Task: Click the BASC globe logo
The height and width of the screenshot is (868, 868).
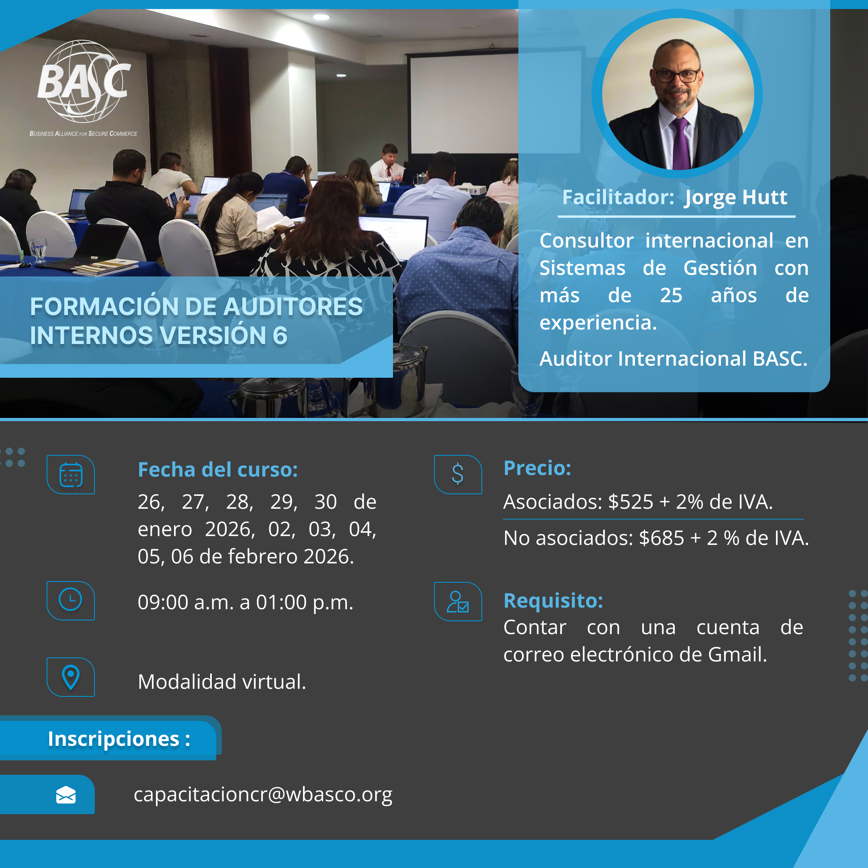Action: coord(84,82)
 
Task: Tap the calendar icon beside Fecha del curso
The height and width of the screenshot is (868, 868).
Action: coord(71,475)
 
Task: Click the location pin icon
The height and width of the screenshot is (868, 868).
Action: coord(71,678)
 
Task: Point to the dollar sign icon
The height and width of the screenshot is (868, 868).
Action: coord(457,474)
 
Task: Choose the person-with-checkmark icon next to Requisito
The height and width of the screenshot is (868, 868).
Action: coord(457,602)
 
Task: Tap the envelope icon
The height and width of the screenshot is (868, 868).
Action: coord(66,795)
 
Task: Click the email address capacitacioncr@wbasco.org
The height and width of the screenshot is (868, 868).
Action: coord(263,795)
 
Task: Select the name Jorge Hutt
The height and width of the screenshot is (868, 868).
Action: coord(735,198)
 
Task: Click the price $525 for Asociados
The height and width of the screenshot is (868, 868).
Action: coord(631,502)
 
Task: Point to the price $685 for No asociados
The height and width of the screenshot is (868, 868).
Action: coord(661,538)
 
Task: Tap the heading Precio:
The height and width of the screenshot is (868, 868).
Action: coord(537,468)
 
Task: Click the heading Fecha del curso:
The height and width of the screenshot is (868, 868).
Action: coord(218,470)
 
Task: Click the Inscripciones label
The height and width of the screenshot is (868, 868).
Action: coord(119,739)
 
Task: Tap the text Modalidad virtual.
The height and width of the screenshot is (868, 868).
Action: coord(222,682)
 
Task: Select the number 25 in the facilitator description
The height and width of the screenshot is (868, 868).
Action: coord(671,296)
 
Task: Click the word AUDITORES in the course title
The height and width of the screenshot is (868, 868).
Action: coord(293,307)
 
